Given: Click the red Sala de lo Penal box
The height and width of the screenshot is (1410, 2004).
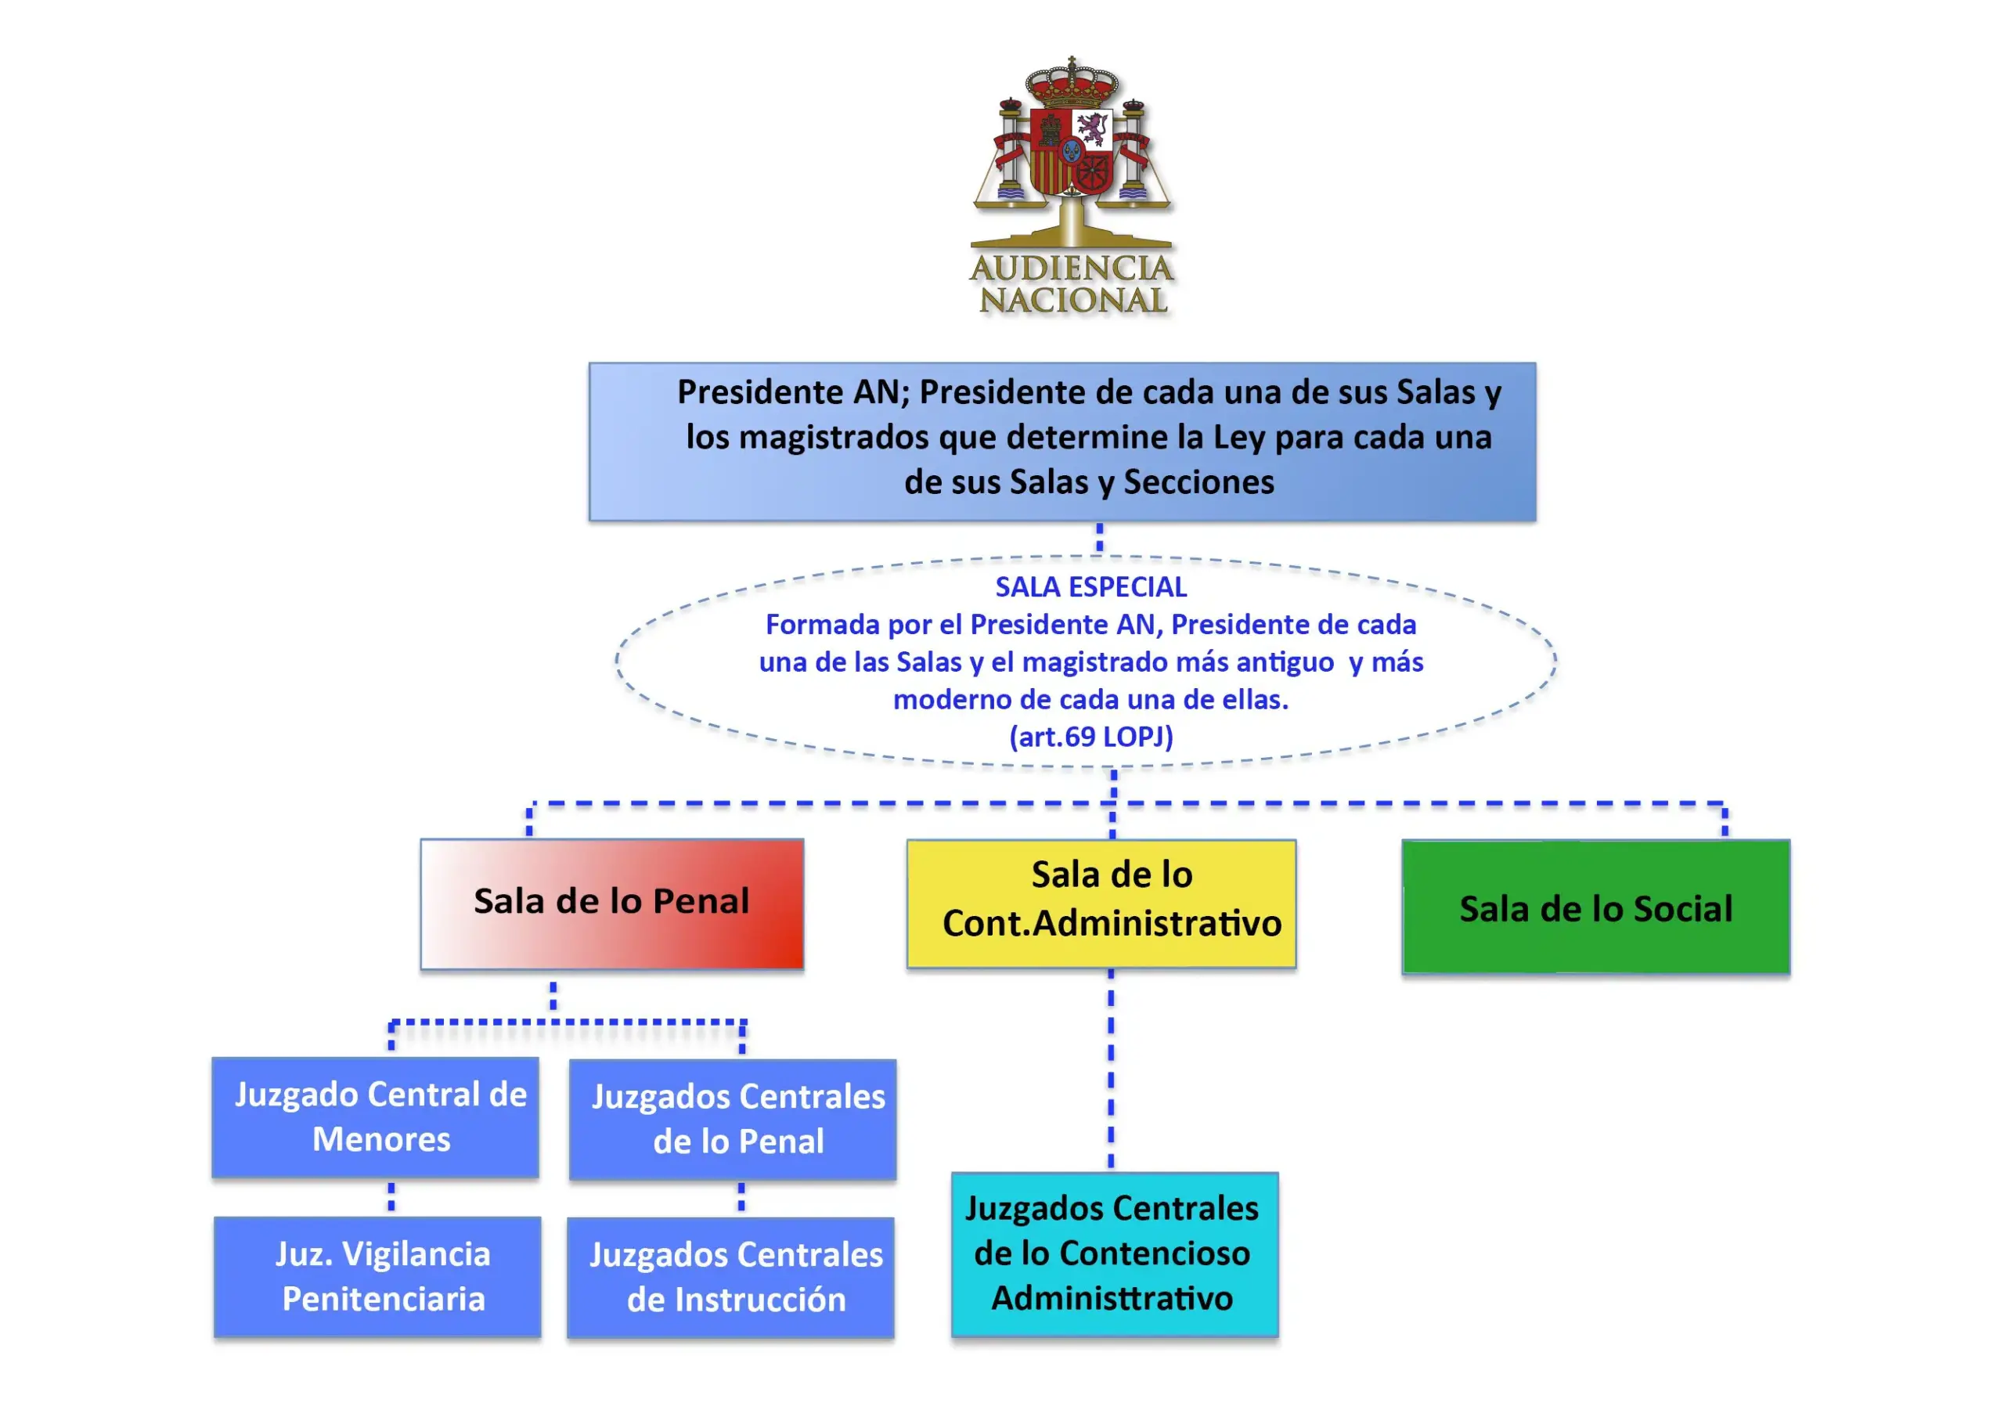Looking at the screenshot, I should pos(611,903).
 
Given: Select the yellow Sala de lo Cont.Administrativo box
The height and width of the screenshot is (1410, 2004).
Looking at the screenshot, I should pos(1101,903).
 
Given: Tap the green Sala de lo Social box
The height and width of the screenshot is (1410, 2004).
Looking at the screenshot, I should pos(1595,907).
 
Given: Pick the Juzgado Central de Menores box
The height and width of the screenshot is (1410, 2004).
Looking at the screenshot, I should pos(375,1116).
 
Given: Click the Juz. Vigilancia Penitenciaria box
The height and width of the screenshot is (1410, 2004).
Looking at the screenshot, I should pos(377,1276).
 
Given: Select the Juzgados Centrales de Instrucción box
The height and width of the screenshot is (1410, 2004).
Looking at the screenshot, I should pos(730,1277).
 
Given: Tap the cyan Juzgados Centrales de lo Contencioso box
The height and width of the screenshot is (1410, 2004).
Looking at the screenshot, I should pos(1115,1253).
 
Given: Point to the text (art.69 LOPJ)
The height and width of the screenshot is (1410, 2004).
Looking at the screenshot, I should pos(1091,737).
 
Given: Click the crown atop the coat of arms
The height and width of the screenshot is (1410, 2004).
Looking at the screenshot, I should pos(1072,83).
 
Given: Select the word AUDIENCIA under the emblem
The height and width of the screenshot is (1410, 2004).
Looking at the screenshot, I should pos(1072,268).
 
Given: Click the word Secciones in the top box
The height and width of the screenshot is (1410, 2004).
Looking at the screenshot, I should pos(1198,482).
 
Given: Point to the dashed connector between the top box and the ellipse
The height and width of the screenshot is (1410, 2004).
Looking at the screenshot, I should pos(1100,538).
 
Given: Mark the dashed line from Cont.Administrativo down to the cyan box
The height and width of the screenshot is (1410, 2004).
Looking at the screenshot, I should pos(1110,1069).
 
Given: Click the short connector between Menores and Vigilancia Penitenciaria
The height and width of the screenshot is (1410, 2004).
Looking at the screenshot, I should pos(391,1197).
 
